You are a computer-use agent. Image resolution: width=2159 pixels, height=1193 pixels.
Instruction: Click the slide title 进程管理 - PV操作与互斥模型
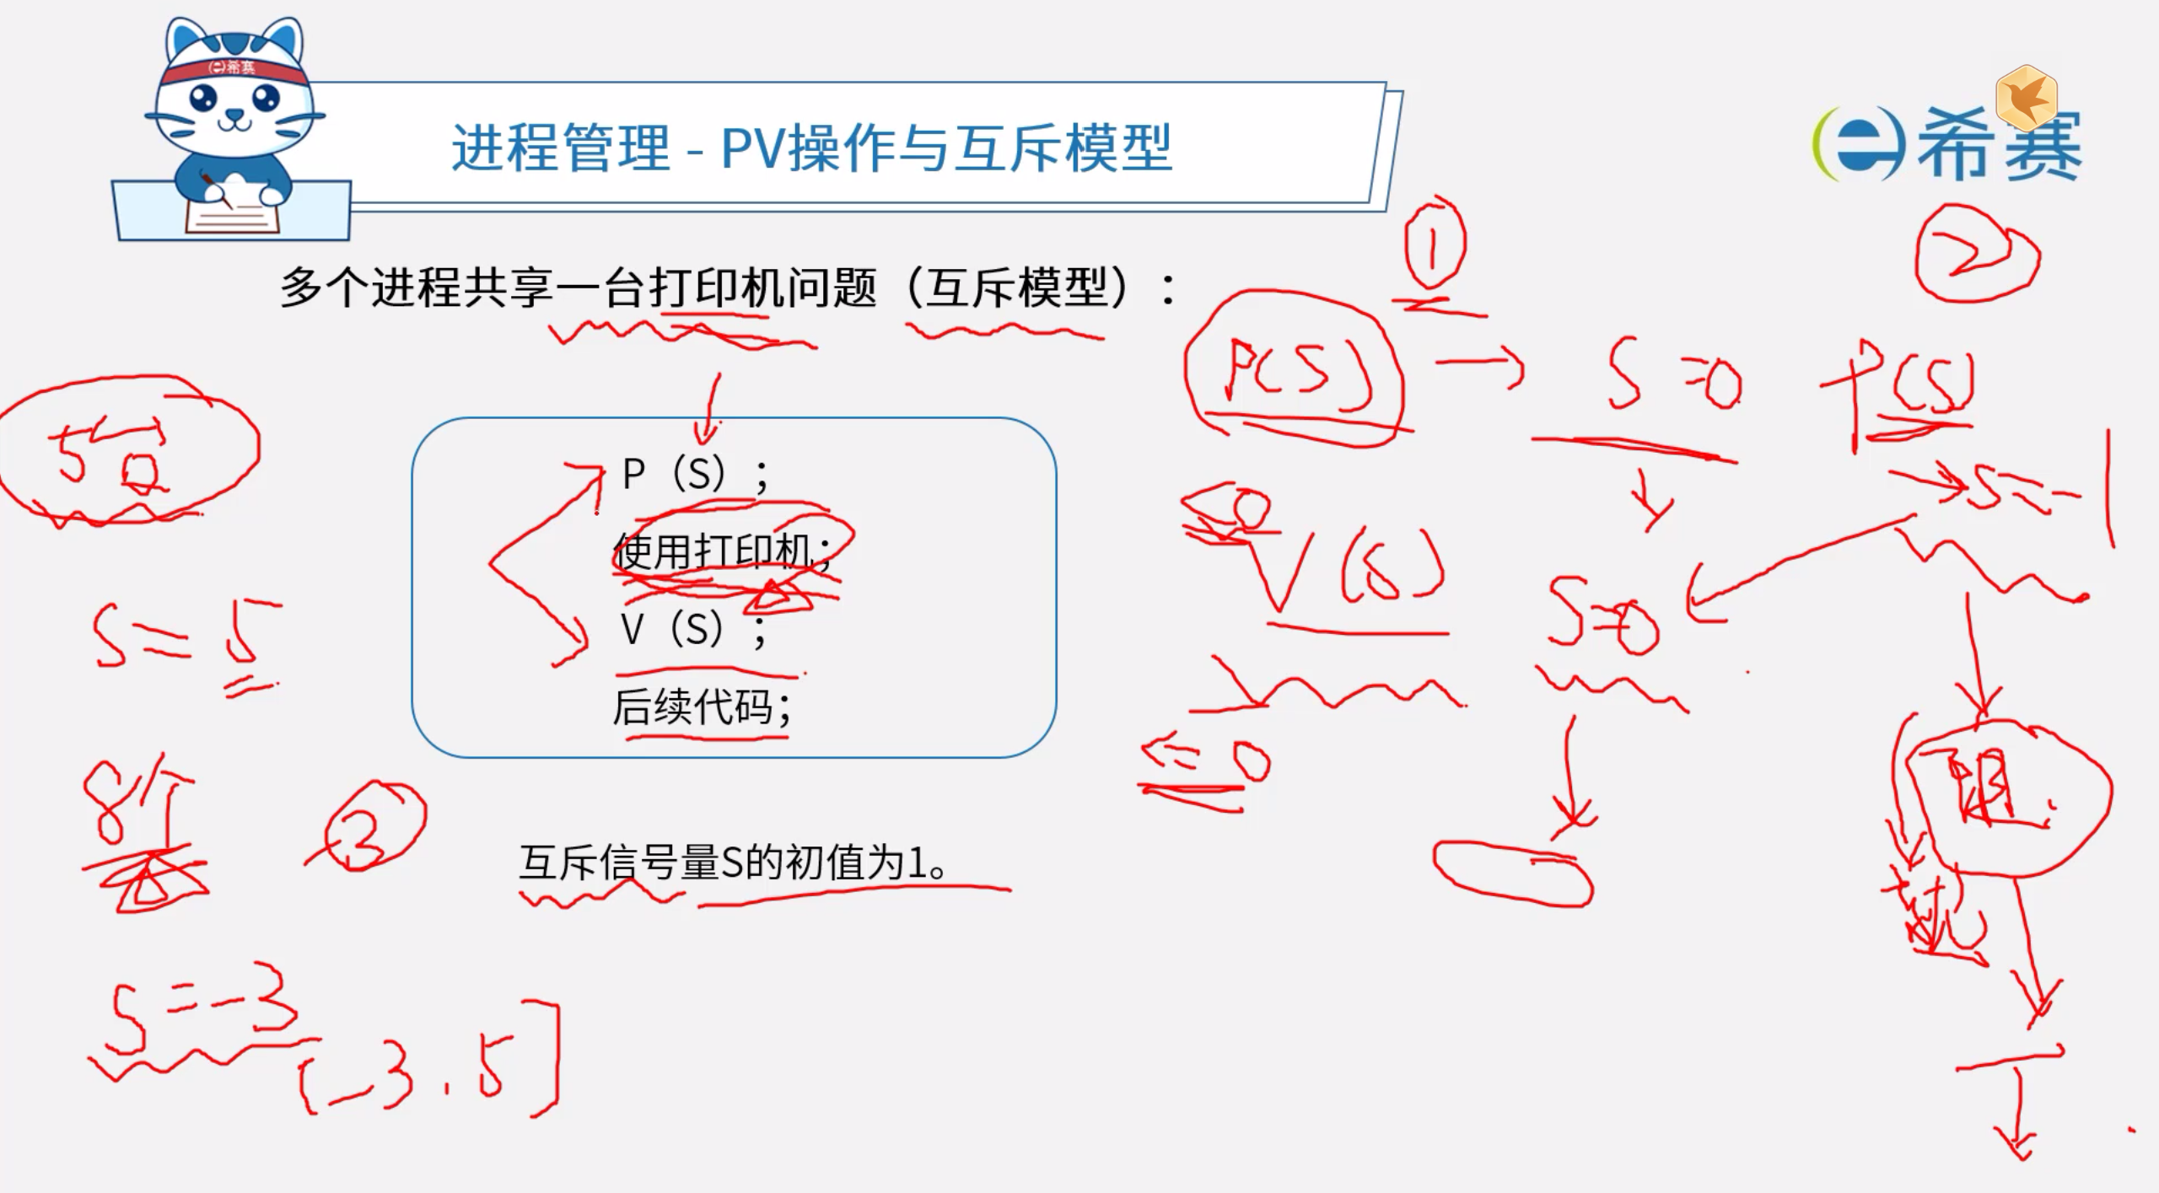click(811, 148)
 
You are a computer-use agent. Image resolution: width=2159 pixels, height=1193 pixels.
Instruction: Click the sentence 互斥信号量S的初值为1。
click(734, 863)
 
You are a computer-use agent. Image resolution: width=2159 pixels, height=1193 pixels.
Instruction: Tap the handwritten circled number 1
click(1433, 245)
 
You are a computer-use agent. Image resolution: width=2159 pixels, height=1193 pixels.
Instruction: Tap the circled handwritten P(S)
click(1295, 371)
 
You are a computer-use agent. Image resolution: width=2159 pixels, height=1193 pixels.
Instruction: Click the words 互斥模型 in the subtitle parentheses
click(1016, 288)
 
